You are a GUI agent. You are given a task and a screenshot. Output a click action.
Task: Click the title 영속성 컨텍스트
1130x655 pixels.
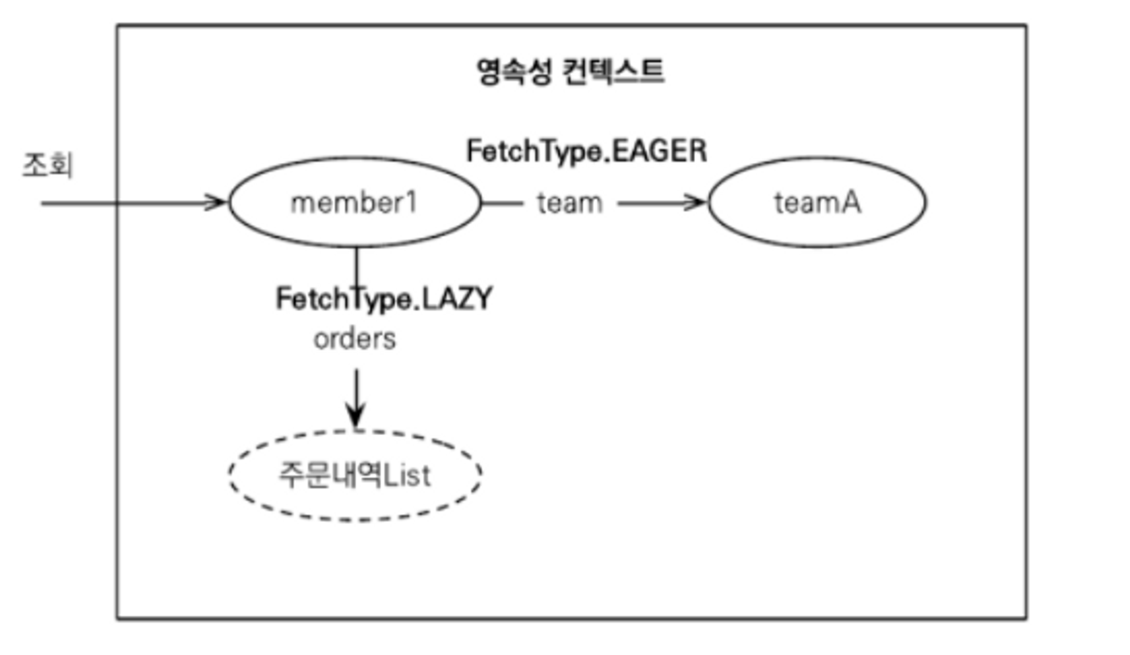(570, 72)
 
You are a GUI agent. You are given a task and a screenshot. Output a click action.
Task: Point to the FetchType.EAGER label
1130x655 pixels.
(587, 151)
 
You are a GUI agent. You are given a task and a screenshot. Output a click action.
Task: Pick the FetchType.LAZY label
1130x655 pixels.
(384, 299)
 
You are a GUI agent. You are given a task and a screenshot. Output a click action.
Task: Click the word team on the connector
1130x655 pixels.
(570, 203)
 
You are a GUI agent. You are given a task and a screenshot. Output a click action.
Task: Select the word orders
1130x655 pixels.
(354, 339)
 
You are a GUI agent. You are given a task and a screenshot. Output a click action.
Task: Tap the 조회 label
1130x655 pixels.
(48, 165)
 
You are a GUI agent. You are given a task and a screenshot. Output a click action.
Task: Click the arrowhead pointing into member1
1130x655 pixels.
(217, 202)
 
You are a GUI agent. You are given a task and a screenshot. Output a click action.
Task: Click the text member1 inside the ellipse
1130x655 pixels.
(354, 203)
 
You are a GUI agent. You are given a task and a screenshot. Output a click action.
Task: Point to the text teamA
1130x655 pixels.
(817, 203)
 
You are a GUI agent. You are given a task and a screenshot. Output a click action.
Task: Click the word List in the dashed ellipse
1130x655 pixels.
(407, 475)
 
